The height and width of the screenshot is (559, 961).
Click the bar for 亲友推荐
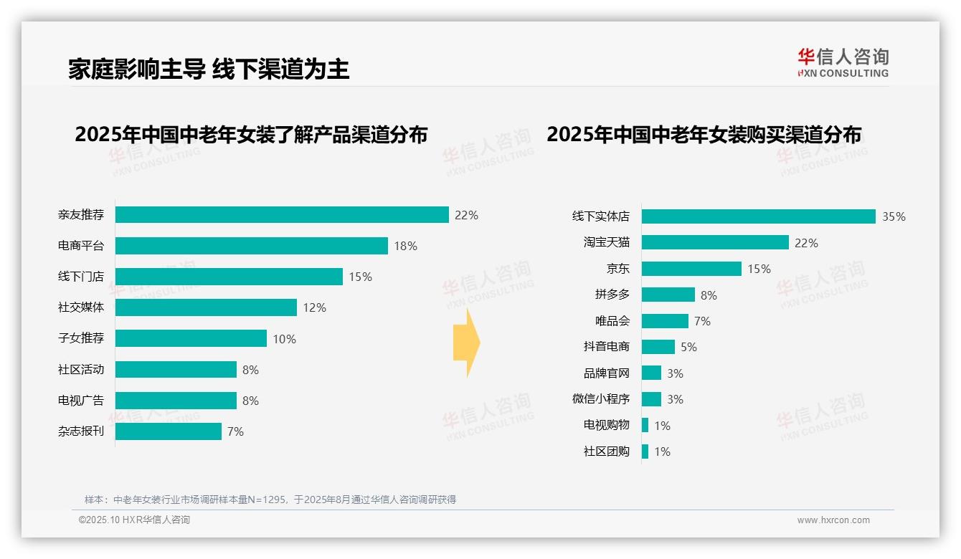click(x=282, y=215)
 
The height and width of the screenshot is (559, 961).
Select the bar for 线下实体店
click(x=758, y=216)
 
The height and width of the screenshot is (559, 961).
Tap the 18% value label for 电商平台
click(x=405, y=246)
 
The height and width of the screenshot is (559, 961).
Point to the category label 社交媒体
click(x=81, y=307)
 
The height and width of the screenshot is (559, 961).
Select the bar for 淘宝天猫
click(x=715, y=242)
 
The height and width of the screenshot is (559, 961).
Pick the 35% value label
click(x=894, y=216)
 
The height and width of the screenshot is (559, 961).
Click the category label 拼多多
click(x=612, y=295)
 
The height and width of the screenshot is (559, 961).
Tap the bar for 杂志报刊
click(x=169, y=431)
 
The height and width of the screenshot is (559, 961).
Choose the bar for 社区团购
click(x=645, y=451)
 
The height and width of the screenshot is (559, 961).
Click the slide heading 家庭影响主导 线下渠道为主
click(x=209, y=69)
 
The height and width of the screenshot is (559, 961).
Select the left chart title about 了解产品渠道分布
click(x=251, y=135)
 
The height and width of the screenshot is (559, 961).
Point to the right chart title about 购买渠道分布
click(x=704, y=135)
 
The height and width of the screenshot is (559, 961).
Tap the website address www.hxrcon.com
click(x=833, y=520)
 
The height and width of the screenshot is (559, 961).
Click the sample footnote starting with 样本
click(x=270, y=500)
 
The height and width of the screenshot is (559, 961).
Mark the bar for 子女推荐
click(x=191, y=338)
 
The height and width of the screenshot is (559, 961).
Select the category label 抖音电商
click(x=606, y=347)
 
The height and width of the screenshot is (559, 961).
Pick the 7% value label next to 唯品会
click(x=702, y=321)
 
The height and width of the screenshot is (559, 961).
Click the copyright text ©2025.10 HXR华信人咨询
click(x=134, y=520)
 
